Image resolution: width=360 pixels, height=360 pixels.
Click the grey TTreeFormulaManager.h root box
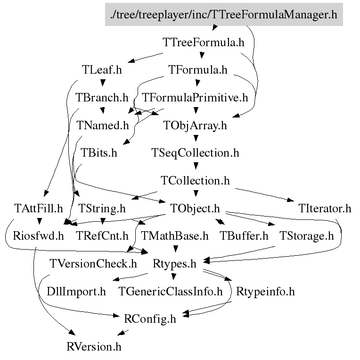point(224,15)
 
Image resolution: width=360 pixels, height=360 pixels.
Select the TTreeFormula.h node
point(204,42)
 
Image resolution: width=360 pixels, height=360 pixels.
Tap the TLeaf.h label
point(102,70)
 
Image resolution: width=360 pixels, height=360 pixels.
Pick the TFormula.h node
point(198,70)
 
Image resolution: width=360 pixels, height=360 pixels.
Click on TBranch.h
point(102,98)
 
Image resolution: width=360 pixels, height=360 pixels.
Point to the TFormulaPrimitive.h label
point(195,98)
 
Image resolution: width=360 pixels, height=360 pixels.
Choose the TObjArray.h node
point(195,126)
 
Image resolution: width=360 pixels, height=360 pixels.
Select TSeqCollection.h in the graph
point(195,153)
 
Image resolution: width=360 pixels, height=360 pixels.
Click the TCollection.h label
point(195,181)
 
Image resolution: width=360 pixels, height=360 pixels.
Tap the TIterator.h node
point(325,209)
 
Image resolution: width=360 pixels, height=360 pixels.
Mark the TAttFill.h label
point(38,209)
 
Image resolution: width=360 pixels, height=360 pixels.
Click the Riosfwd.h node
point(38,236)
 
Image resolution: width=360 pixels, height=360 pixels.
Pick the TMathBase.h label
point(175,236)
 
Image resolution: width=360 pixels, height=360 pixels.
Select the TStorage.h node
point(306,236)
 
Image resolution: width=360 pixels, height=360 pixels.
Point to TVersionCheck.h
point(93,264)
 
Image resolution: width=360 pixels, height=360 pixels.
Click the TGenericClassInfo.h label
point(171,292)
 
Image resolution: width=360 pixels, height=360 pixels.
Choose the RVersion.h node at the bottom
point(94,347)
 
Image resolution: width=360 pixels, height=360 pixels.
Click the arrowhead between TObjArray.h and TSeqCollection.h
point(196,138)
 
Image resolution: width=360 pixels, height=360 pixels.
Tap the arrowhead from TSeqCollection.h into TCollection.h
point(196,166)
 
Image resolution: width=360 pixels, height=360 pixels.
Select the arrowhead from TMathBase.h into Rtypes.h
point(176,249)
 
